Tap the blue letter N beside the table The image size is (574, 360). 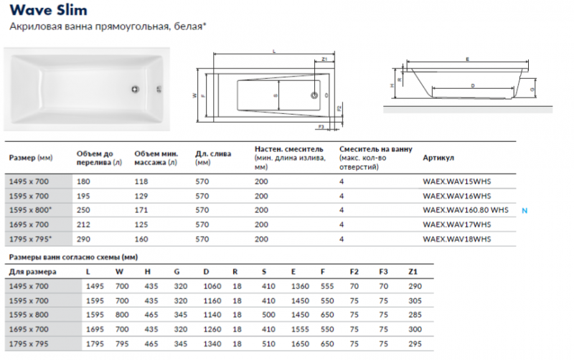click(524, 209)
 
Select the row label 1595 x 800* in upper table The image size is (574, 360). click(30, 209)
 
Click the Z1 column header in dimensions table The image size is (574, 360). click(412, 271)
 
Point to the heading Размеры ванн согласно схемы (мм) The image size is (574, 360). click(72, 256)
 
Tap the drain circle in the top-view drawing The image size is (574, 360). click(314, 95)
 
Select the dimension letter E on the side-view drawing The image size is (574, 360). click(467, 58)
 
